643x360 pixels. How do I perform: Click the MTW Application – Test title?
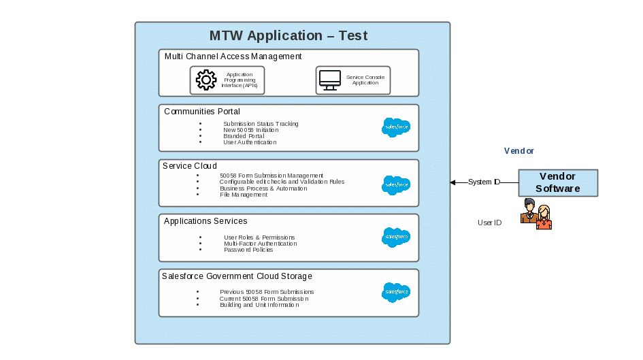click(x=288, y=36)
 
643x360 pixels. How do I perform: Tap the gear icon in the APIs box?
click(x=206, y=80)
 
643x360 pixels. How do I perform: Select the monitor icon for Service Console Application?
click(x=330, y=80)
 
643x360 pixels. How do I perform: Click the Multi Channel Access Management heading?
click(x=233, y=56)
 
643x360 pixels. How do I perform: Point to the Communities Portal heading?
click(x=202, y=112)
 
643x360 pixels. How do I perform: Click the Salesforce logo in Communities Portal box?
click(x=396, y=127)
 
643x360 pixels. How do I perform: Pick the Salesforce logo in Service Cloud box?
click(x=396, y=185)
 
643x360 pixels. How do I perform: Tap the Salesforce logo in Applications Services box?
click(x=396, y=238)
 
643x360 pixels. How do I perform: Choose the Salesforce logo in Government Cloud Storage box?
click(x=396, y=293)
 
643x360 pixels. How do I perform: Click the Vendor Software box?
click(x=558, y=183)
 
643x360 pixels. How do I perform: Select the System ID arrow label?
click(x=484, y=182)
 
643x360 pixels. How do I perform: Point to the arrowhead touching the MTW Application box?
click(x=452, y=182)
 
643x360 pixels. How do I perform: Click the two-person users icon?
click(x=536, y=214)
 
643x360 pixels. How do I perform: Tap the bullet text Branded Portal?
click(x=244, y=136)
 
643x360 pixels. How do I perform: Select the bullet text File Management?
click(x=244, y=195)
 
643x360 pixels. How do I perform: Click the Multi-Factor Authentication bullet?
click(x=260, y=244)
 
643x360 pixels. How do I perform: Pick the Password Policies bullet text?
click(x=248, y=250)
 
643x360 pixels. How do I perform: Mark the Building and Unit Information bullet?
click(x=259, y=305)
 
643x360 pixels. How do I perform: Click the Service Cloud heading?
click(x=190, y=166)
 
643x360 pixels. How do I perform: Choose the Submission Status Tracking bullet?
click(x=261, y=124)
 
